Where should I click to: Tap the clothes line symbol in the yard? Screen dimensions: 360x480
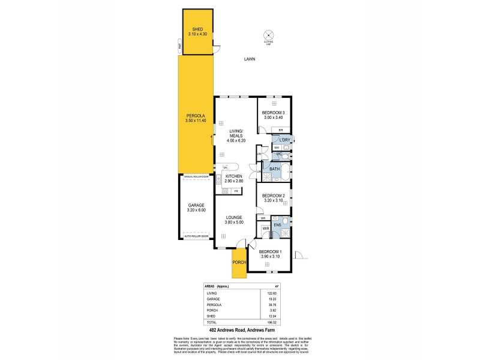pos(269,35)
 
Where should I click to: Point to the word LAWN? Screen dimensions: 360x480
pos(250,59)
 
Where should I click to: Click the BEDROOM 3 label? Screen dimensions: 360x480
pos(274,115)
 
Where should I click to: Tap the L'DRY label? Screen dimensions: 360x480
pos(284,140)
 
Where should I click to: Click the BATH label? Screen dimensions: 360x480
pos(274,169)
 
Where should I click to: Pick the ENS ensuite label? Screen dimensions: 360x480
pos(277,225)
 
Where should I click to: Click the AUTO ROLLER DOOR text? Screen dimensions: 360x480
pos(196,236)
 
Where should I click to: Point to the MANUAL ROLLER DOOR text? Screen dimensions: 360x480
pos(196,177)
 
